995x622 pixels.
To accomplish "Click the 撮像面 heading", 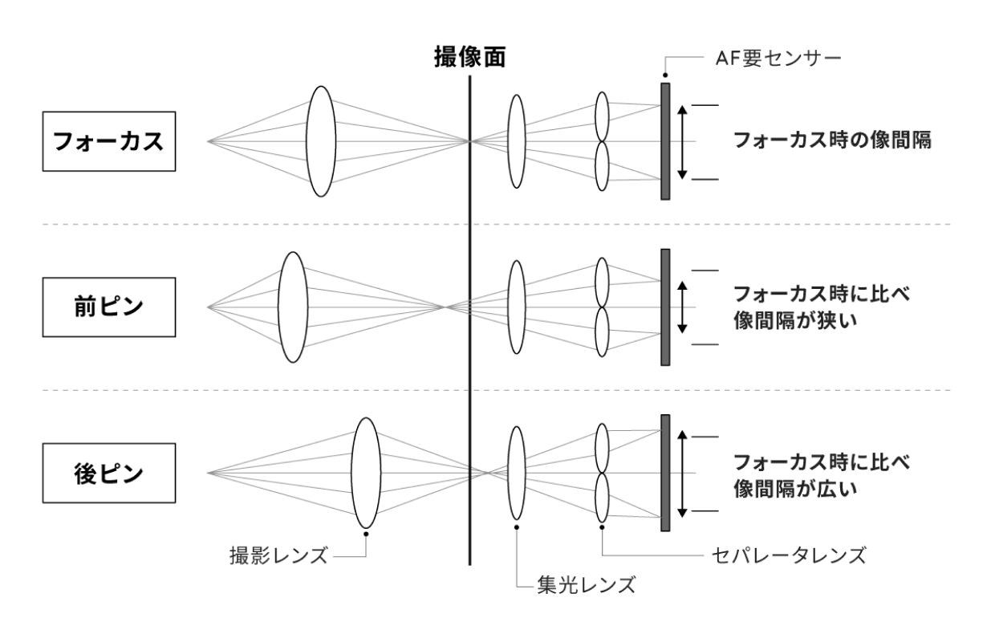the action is pyautogui.click(x=469, y=57).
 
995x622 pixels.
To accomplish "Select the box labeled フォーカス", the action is pyautogui.click(x=109, y=141).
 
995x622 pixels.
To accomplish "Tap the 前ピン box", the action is pyautogui.click(x=109, y=307).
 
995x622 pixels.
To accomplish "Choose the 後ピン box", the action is pyautogui.click(x=109, y=474).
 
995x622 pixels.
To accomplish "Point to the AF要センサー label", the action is pyautogui.click(x=778, y=59).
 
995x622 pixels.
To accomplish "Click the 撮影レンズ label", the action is pyautogui.click(x=278, y=556).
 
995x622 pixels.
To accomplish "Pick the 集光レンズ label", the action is pyautogui.click(x=587, y=584).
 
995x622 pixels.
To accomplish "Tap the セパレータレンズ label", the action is pyautogui.click(x=789, y=555).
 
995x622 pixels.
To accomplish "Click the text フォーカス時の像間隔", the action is pyautogui.click(x=832, y=140).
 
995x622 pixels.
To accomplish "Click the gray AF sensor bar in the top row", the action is pyautogui.click(x=665, y=141).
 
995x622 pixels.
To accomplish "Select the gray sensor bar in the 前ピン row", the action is pyautogui.click(x=665, y=307).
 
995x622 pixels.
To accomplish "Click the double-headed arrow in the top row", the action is pyautogui.click(x=682, y=142).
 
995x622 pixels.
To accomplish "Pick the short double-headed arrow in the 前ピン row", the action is pyautogui.click(x=682, y=307).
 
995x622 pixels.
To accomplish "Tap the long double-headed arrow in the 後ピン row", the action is pyautogui.click(x=682, y=474).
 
